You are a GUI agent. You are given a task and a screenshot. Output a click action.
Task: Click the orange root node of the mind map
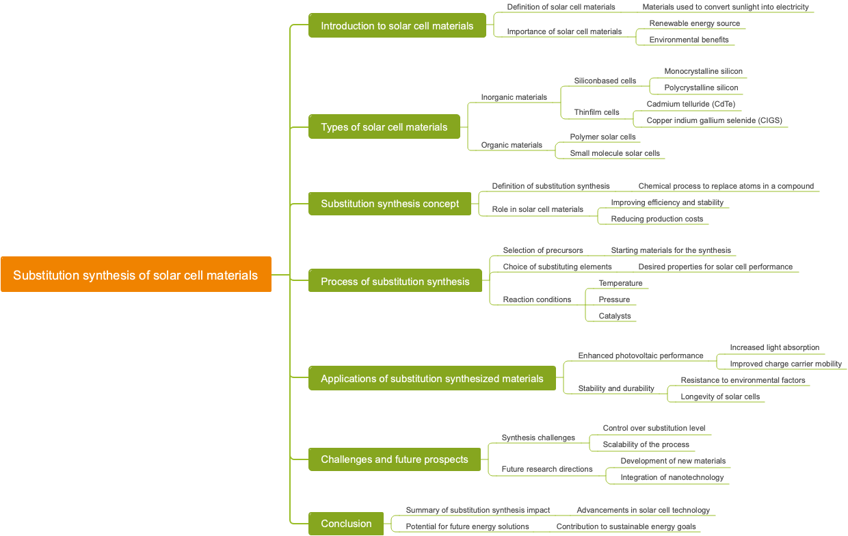135,275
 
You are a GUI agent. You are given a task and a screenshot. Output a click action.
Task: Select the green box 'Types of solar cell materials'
384,127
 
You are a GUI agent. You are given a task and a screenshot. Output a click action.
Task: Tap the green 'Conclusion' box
346,524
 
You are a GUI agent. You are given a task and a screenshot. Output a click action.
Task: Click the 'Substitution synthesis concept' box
390,204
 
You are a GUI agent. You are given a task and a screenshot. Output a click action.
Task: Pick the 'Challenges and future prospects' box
395,459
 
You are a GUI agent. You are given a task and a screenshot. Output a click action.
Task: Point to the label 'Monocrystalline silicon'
703,71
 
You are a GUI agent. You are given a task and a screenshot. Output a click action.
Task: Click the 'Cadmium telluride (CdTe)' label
691,104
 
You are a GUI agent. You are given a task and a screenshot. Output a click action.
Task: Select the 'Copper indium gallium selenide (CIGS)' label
714,120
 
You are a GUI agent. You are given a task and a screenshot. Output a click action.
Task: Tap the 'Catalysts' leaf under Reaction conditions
615,316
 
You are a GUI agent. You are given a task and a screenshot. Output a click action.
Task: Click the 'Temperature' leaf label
620,283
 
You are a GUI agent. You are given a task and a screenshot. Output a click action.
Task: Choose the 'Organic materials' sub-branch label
512,145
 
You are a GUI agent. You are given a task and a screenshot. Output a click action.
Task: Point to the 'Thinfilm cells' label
596,112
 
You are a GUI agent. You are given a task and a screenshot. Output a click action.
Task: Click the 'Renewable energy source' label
694,23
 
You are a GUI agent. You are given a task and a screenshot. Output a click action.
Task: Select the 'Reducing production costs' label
657,219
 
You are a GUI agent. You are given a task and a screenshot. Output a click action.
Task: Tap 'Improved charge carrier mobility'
786,364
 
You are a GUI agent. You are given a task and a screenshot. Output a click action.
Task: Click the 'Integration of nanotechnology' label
672,477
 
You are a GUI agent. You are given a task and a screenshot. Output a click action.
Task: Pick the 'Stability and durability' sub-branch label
616,388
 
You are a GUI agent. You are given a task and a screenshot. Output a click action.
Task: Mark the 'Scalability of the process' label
646,444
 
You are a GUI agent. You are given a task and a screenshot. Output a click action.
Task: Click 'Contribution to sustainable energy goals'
626,526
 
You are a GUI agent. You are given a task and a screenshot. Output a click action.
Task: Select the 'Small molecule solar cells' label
615,153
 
